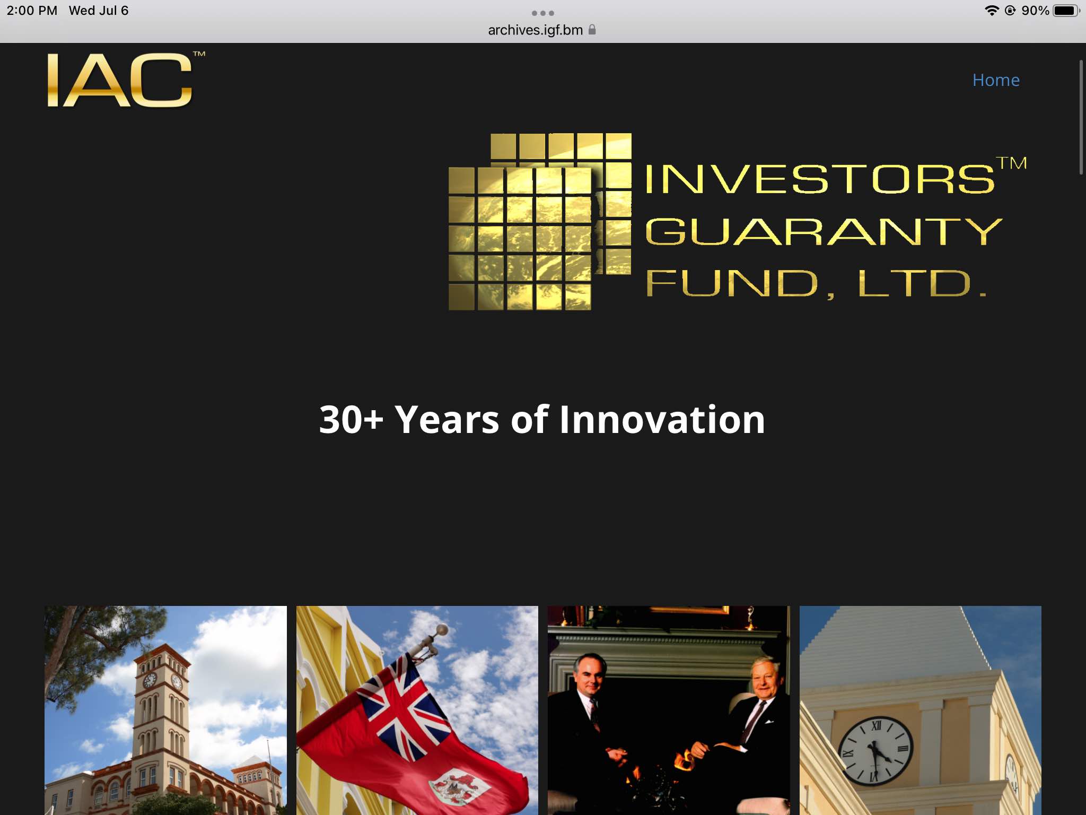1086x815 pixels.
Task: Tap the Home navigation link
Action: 996,80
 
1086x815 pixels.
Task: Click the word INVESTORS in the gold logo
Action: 820,179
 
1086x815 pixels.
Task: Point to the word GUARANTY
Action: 824,231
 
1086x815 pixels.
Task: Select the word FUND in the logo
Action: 732,283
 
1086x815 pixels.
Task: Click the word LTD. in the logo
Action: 922,283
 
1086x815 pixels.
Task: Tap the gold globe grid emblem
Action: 540,221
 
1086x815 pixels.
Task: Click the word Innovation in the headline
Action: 662,420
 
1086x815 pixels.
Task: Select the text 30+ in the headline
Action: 351,420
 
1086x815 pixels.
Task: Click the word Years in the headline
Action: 447,420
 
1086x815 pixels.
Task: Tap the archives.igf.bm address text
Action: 535,30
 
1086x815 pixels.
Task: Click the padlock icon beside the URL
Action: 592,30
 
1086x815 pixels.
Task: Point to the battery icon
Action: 1066,11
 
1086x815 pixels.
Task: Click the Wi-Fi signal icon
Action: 992,11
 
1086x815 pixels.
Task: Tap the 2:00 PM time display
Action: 32,11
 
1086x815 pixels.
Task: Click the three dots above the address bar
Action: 543,13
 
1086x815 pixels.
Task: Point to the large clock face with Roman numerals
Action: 875,750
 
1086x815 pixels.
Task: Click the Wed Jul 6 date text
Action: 99,11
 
